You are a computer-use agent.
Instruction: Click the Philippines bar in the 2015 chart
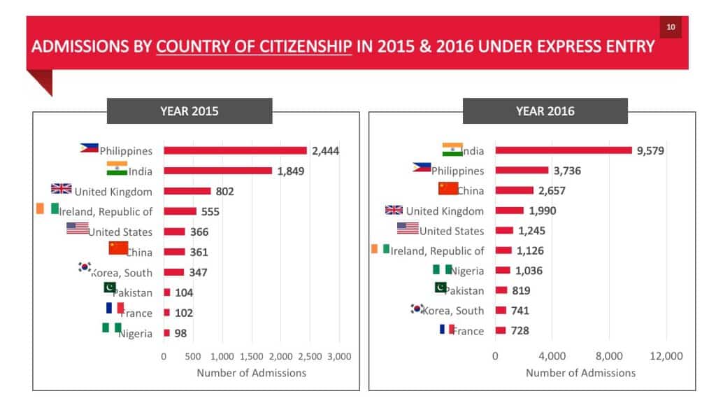coord(235,150)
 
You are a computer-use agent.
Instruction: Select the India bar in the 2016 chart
coord(564,150)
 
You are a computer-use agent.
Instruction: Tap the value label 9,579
coord(650,150)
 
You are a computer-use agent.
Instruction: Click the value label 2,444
coord(325,150)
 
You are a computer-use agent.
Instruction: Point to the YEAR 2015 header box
coord(189,111)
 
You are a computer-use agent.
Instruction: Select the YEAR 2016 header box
coord(545,111)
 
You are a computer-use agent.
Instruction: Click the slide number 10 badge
coord(671,27)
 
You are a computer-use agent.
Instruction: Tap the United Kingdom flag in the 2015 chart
coord(62,189)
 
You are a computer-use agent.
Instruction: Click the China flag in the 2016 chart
coord(447,188)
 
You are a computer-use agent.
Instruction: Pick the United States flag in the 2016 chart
coord(408,228)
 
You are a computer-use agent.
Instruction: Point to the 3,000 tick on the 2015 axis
coord(339,356)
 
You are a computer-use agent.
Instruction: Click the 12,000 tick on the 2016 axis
coord(666,356)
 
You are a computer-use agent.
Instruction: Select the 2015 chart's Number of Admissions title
coord(251,373)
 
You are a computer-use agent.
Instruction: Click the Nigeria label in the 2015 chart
coord(136,334)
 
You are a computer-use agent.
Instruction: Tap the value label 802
coord(224,191)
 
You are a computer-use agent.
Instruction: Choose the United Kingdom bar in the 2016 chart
coord(509,211)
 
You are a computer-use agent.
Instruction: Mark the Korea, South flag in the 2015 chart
coord(85,267)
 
